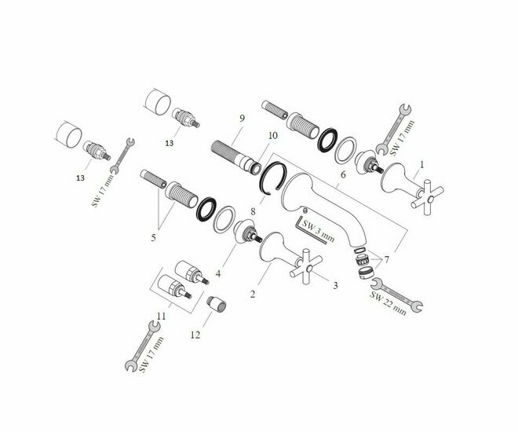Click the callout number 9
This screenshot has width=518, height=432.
point(243,119)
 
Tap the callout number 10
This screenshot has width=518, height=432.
point(273,136)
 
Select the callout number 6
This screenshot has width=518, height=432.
point(343,174)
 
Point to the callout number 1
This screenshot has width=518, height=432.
point(421,164)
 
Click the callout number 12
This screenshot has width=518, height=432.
point(195,335)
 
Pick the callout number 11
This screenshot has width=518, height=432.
point(161,317)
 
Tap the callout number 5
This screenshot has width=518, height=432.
point(153,238)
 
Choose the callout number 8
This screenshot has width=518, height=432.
point(253,211)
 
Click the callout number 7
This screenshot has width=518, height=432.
point(386,260)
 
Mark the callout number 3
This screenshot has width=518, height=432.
point(335,285)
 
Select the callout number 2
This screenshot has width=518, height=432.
point(253,295)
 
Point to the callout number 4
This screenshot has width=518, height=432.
point(218,274)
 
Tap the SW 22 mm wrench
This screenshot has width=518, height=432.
point(397,295)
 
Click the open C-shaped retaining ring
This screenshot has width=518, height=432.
point(272,178)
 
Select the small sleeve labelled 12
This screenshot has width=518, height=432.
point(217,304)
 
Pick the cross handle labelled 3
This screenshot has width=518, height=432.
point(307,268)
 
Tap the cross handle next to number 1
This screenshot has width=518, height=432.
point(428,198)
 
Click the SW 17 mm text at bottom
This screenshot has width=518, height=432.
point(151,354)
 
